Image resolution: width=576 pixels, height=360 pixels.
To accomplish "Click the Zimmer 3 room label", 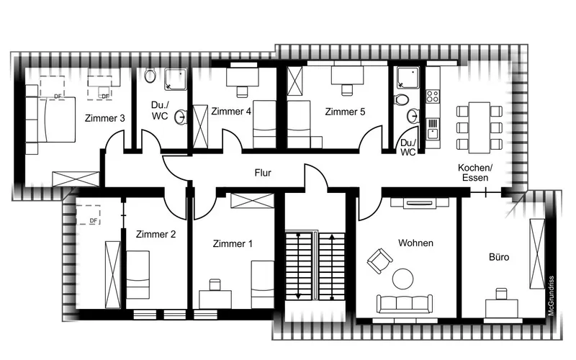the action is pyautogui.click(x=104, y=118).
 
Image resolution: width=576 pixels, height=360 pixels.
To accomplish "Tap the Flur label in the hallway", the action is pyautogui.click(x=263, y=173).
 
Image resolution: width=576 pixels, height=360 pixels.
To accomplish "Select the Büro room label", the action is pyautogui.click(x=499, y=257).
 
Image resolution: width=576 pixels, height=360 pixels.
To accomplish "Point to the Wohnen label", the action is pyautogui.click(x=415, y=243).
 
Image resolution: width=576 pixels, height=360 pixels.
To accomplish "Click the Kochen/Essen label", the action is pyautogui.click(x=475, y=173).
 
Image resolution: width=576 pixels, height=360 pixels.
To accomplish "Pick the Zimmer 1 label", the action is pyautogui.click(x=233, y=243).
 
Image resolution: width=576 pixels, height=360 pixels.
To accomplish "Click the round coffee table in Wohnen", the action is pyautogui.click(x=403, y=279).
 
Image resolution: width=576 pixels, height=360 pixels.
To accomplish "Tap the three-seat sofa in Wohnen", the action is pyautogui.click(x=404, y=304).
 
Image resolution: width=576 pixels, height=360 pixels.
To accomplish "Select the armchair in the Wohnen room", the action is pyautogui.click(x=380, y=261).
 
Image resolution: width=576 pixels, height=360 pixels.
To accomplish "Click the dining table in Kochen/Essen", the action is pyautogui.click(x=479, y=127).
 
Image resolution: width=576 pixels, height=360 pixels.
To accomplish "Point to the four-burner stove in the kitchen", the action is pyautogui.click(x=433, y=96).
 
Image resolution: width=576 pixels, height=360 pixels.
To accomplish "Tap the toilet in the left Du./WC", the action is pyautogui.click(x=150, y=76).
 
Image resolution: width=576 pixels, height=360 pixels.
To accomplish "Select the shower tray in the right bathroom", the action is pyautogui.click(x=406, y=78).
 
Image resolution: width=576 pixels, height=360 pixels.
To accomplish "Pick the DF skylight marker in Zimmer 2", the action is pyautogui.click(x=88, y=215).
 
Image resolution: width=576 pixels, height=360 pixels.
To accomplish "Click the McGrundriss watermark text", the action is pyautogui.click(x=550, y=296).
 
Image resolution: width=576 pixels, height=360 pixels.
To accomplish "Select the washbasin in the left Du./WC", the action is pyautogui.click(x=181, y=117).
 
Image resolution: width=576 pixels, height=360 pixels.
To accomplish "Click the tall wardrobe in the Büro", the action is pyautogui.click(x=536, y=253).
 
